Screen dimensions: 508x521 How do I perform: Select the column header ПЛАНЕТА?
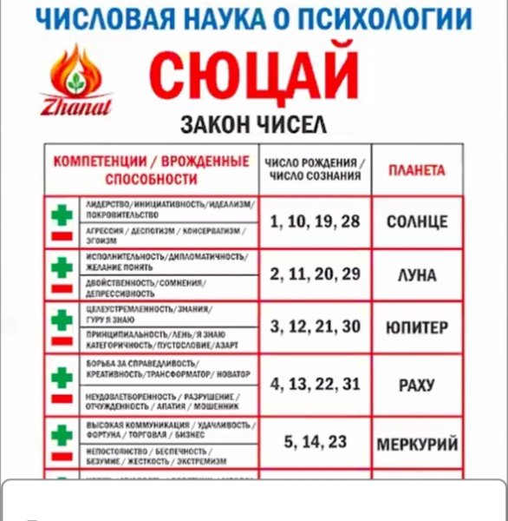click(x=416, y=170)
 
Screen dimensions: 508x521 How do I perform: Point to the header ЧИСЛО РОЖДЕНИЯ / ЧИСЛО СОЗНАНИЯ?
click(x=314, y=169)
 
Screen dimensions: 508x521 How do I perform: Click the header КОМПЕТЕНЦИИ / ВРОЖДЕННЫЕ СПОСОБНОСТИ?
click(x=151, y=170)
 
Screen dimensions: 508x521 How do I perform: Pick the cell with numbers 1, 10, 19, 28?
click(x=314, y=221)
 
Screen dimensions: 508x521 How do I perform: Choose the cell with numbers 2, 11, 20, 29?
click(x=314, y=274)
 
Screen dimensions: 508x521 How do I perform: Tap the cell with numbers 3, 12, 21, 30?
click(x=314, y=327)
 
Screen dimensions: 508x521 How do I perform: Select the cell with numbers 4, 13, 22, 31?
click(x=314, y=383)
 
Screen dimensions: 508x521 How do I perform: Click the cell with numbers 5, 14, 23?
click(x=314, y=442)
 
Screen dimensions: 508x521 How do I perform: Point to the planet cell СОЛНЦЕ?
click(x=416, y=222)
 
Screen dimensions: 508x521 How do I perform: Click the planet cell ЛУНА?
click(x=416, y=275)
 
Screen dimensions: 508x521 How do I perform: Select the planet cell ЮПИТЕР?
click(x=416, y=328)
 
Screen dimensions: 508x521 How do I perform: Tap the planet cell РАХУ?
click(x=416, y=384)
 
